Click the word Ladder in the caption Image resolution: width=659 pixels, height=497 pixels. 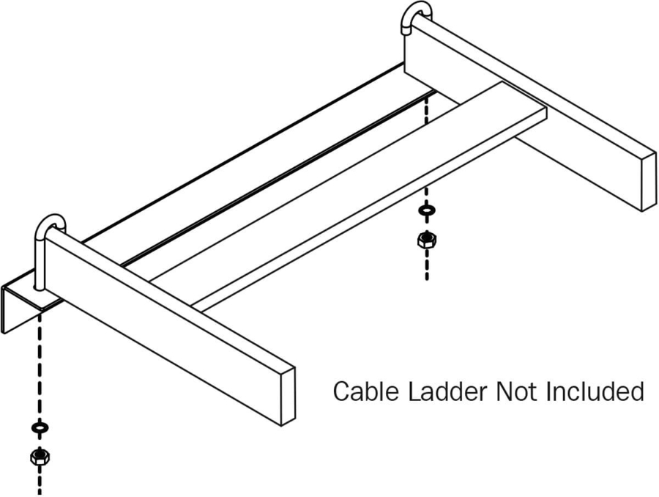pyautogui.click(x=448, y=391)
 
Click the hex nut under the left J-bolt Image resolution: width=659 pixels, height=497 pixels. pyautogui.click(x=40, y=456)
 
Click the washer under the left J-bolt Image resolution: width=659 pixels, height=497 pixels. pyautogui.click(x=40, y=427)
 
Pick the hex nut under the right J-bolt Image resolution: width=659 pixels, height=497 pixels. pyautogui.click(x=427, y=240)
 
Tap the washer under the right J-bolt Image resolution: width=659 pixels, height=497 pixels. pyautogui.click(x=427, y=210)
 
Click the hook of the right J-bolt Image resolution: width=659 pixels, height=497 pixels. pyautogui.click(x=416, y=10)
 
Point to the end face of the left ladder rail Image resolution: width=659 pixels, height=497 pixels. pyautogui.click(x=288, y=397)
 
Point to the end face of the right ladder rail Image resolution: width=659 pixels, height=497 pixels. pyautogui.click(x=649, y=182)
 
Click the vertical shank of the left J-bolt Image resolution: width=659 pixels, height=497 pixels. pyautogui.click(x=39, y=261)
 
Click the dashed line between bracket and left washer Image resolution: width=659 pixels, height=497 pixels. pyautogui.click(x=40, y=366)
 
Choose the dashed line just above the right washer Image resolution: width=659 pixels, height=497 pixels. pyautogui.click(x=427, y=195)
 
